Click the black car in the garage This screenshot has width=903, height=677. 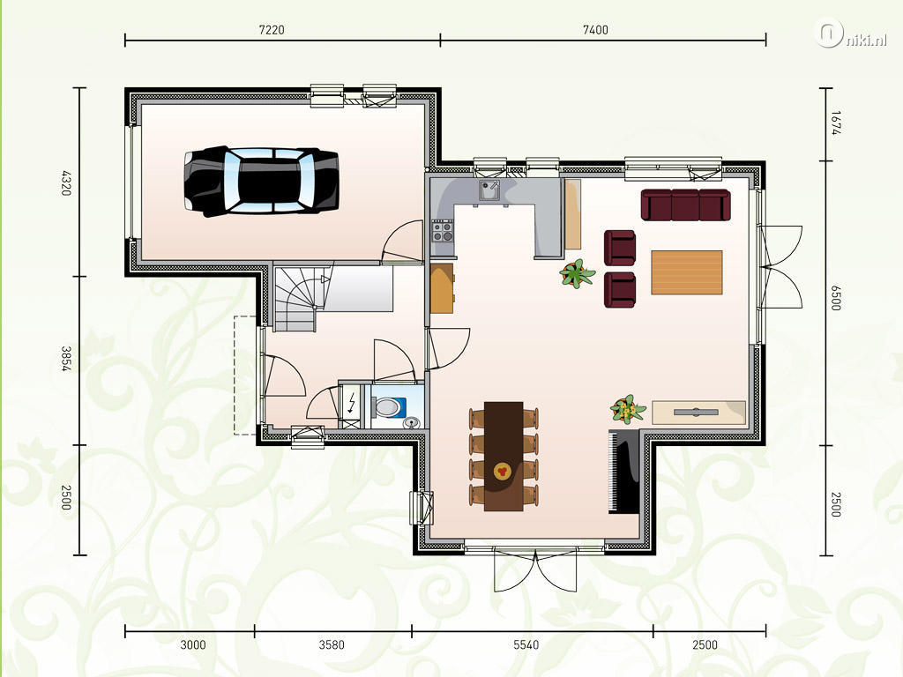click(261, 181)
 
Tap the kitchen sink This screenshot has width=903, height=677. click(489, 190)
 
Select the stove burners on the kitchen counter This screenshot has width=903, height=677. click(443, 231)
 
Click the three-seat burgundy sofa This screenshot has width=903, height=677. click(685, 205)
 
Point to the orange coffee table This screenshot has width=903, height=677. click(686, 272)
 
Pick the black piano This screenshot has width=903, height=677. click(624, 471)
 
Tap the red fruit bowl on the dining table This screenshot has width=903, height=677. click(502, 472)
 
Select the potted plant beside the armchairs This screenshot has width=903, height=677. click(577, 273)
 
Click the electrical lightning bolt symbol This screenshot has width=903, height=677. click(351, 404)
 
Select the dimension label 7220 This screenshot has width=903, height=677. click(272, 30)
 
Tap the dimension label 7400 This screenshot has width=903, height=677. click(595, 30)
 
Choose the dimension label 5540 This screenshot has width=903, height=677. click(526, 644)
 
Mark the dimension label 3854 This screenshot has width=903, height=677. click(66, 358)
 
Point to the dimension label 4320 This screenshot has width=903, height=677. click(66, 182)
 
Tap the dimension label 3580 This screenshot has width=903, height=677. click(332, 644)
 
